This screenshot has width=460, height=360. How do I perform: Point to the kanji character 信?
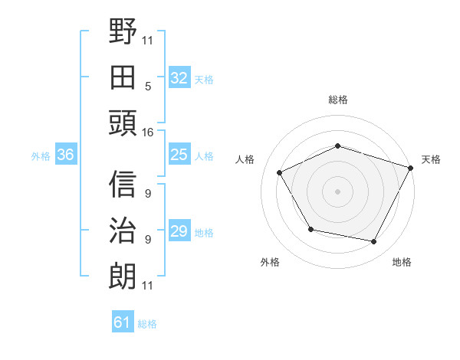pos(123,185)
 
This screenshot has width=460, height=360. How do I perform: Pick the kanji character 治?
pos(123,231)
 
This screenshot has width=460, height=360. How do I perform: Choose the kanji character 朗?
pos(123,276)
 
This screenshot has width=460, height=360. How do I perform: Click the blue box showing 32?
pos(179,78)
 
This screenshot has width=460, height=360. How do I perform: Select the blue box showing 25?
pos(179,155)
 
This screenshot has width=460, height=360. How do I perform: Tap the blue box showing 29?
pos(179,231)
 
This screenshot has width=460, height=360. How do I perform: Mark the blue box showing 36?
pos(65,155)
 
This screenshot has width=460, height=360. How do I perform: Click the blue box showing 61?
pos(123,322)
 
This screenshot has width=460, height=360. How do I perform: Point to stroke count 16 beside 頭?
pos(148,133)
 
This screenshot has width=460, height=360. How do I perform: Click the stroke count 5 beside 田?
pos(148,87)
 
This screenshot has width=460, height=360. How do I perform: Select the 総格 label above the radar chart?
pos(337,100)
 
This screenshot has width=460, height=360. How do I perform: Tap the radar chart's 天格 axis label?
pos(431,159)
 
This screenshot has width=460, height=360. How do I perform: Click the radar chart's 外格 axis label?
pos(270,262)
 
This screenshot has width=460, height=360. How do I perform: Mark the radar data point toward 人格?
pos(280,173)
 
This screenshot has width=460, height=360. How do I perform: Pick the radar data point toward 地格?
pos(374,242)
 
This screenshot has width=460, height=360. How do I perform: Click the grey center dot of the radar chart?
pos(337,191)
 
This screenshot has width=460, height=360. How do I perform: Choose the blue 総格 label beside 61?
pos(147,324)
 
